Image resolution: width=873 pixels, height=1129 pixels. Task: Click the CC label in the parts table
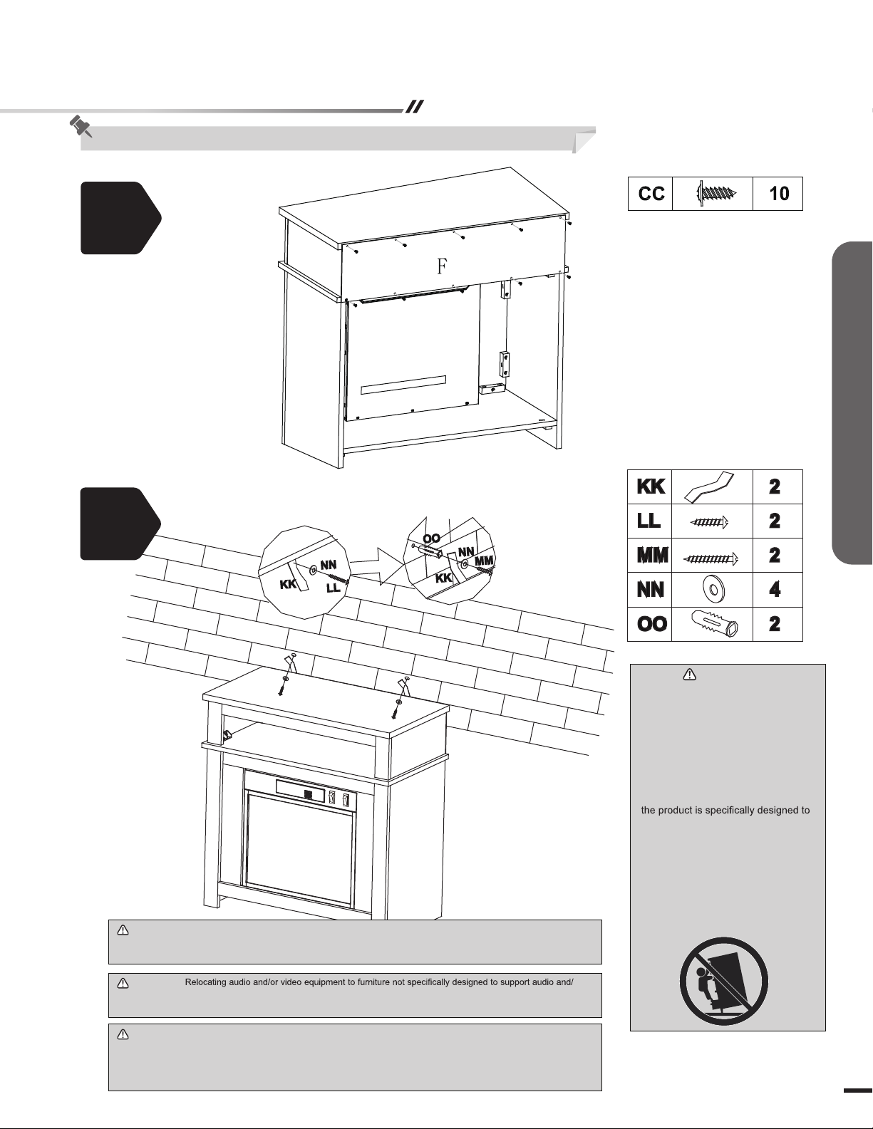(651, 194)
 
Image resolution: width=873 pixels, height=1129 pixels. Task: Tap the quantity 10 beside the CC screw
(779, 194)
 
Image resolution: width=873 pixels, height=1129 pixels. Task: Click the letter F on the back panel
(442, 266)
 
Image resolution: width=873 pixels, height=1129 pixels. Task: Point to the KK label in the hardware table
(651, 487)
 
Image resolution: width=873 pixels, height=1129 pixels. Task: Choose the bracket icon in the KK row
(709, 487)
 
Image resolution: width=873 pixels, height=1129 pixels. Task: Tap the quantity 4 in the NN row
(774, 590)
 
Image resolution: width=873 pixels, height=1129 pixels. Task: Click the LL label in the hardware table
(649, 521)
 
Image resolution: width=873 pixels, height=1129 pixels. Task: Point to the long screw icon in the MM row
(711, 559)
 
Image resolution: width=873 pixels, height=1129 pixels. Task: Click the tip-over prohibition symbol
(724, 982)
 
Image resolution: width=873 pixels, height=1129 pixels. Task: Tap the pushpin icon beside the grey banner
(81, 126)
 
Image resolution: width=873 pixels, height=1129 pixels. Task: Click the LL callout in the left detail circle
(333, 588)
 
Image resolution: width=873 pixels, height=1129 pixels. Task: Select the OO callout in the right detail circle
(431, 539)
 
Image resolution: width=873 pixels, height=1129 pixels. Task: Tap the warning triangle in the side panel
(690, 675)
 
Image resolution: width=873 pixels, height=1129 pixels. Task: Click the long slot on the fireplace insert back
(403, 385)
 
